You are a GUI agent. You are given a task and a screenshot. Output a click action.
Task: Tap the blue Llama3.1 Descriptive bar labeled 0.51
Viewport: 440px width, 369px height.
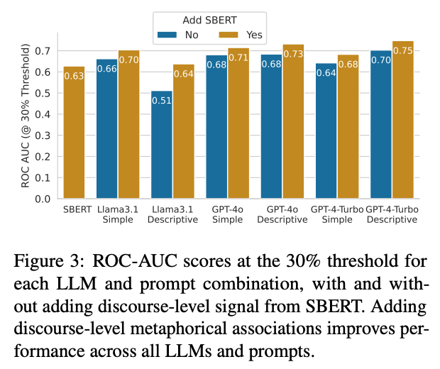click(162, 145)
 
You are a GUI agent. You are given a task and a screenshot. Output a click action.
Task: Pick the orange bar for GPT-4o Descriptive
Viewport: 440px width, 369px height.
click(293, 121)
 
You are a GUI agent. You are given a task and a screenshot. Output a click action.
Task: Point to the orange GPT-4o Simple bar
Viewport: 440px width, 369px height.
click(238, 123)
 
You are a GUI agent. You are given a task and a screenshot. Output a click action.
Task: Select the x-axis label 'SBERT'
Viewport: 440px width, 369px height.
click(75, 209)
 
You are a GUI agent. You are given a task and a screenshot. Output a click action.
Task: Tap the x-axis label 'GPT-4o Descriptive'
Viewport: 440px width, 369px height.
click(282, 214)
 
